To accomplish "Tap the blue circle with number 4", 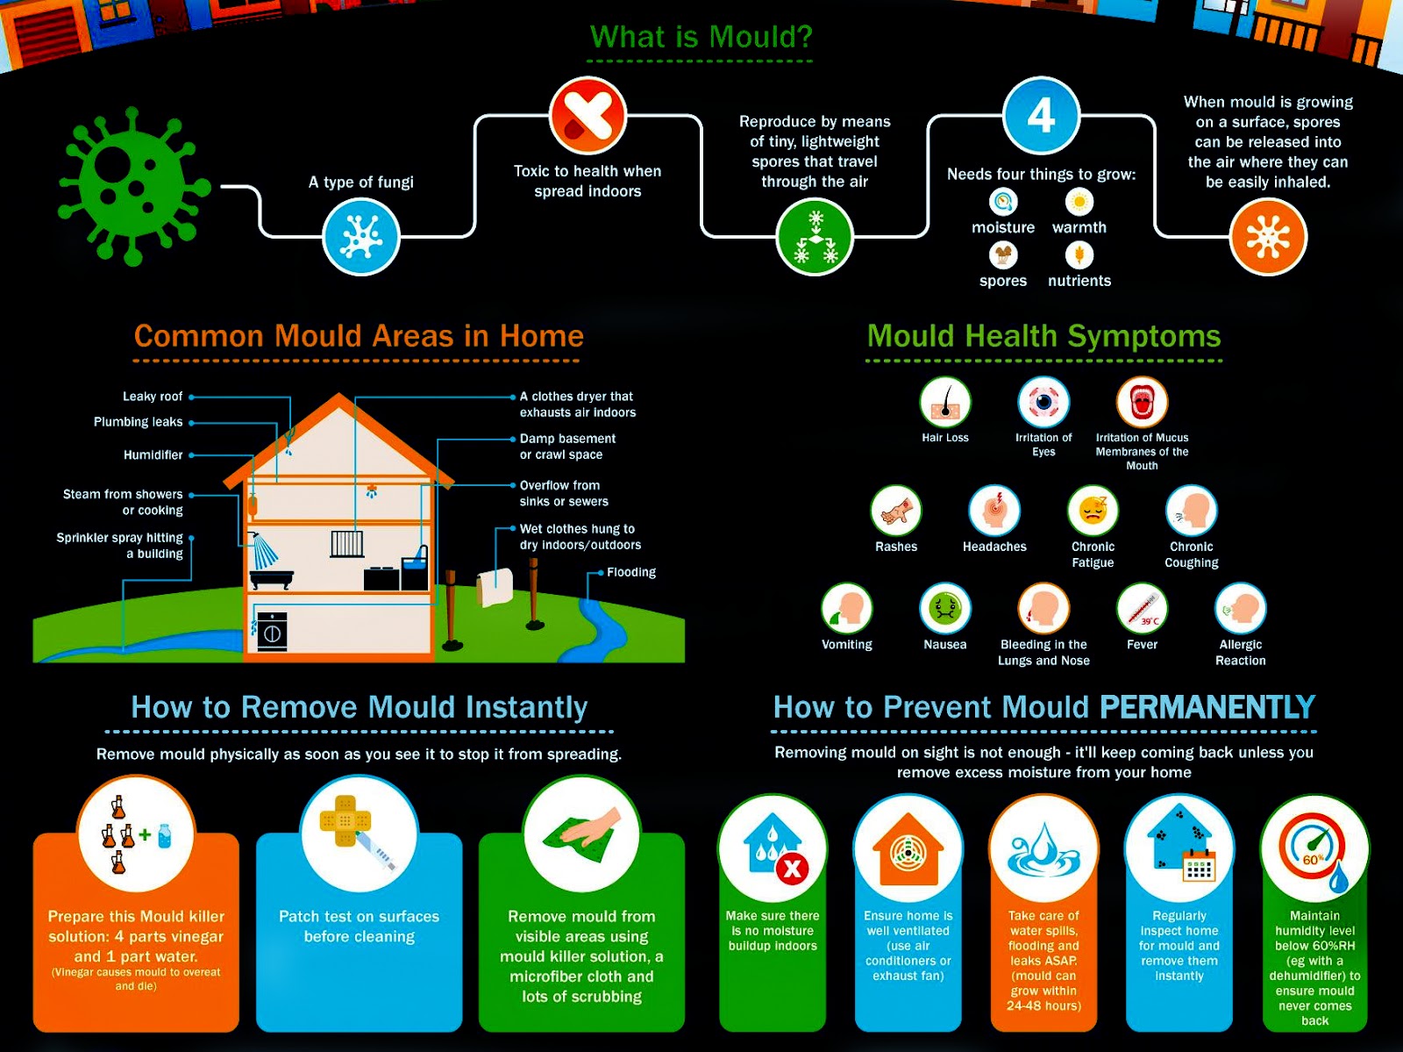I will (x=1041, y=115).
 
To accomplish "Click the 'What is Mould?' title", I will (x=701, y=37).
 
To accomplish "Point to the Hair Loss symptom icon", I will (x=945, y=403).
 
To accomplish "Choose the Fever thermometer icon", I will (x=1142, y=607).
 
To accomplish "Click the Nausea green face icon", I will (x=945, y=607).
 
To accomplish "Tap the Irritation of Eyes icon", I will (x=1043, y=403).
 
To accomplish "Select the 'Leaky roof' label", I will (x=153, y=397).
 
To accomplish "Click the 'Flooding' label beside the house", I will (x=631, y=572).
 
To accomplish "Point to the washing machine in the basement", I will (x=272, y=630).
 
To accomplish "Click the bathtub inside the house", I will (x=271, y=579).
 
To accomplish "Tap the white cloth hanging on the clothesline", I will (x=495, y=587).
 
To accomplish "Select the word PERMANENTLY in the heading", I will (x=1207, y=707).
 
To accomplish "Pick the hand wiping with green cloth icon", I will (x=581, y=830).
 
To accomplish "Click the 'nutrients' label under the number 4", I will (x=1079, y=281).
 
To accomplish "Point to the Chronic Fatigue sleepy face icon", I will (x=1093, y=510).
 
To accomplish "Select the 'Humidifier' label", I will (x=153, y=455).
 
